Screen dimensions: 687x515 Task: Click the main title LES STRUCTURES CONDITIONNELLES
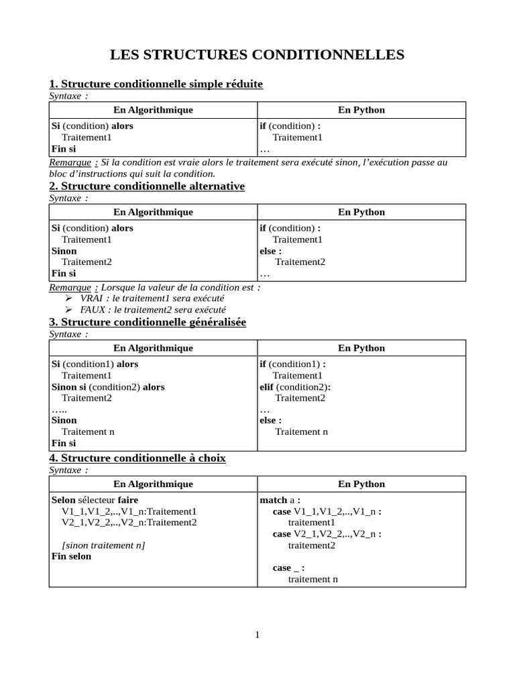pyautogui.click(x=257, y=54)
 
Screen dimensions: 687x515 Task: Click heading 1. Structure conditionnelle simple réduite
pyautogui.click(x=156, y=84)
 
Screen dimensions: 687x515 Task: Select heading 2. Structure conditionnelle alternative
pyautogui.click(x=147, y=186)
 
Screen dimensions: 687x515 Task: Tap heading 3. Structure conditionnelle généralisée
pyautogui.click(x=148, y=322)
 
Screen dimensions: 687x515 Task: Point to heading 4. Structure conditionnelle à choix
pyautogui.click(x=137, y=458)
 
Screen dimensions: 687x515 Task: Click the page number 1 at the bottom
pyautogui.click(x=257, y=635)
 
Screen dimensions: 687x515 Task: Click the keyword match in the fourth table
pyautogui.click(x=274, y=500)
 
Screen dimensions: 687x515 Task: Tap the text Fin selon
pyautogui.click(x=71, y=556)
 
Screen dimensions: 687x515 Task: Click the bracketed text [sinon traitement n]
pyautogui.click(x=103, y=545)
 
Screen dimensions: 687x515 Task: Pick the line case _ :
pyautogui.click(x=288, y=568)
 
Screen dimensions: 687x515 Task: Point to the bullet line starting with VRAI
pyautogui.click(x=152, y=298)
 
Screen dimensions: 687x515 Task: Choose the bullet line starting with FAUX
pyautogui.click(x=152, y=310)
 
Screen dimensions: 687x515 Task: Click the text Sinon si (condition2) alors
pyautogui.click(x=108, y=386)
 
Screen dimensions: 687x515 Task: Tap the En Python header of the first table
pyautogui.click(x=361, y=110)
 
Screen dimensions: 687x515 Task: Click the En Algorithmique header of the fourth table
pyautogui.click(x=153, y=484)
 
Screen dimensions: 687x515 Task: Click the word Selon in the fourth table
pyautogui.click(x=63, y=500)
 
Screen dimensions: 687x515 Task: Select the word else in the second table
pyautogui.click(x=268, y=250)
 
